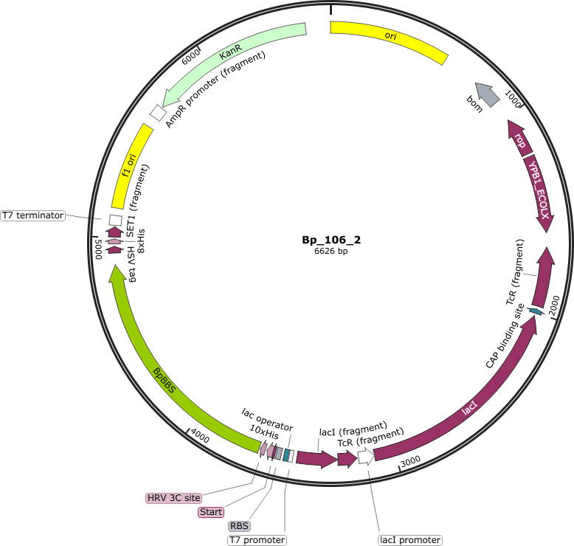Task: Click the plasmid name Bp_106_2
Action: point(331,240)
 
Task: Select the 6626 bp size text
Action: point(331,251)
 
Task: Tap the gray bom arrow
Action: point(488,94)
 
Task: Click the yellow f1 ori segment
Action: point(131,166)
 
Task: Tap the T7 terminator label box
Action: point(33,215)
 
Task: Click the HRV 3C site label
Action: point(174,498)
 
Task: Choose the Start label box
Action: point(211,512)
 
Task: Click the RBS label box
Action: point(239,526)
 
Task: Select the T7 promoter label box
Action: point(257,540)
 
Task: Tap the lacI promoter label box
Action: point(410,540)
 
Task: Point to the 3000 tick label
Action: point(410,462)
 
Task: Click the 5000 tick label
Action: point(98,249)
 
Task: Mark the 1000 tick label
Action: point(513,100)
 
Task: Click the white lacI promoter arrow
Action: point(366,456)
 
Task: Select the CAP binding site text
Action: point(505,336)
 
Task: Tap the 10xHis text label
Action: point(264,432)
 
